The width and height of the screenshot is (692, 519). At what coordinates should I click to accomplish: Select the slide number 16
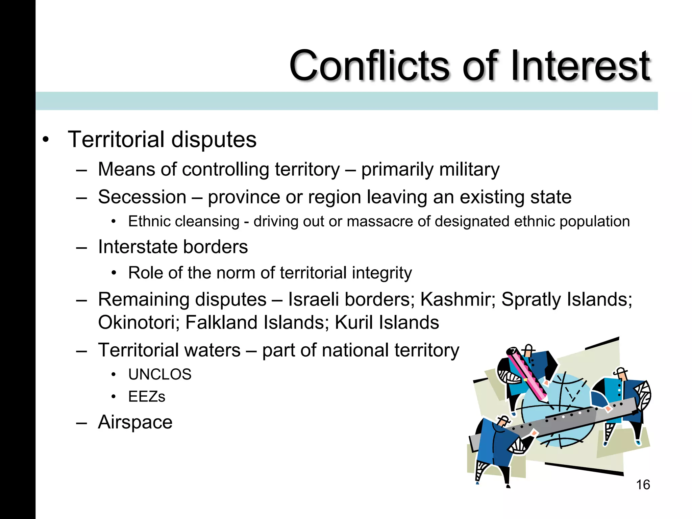click(643, 485)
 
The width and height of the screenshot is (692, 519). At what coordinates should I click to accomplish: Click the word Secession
click(142, 197)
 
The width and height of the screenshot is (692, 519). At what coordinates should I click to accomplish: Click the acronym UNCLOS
click(160, 374)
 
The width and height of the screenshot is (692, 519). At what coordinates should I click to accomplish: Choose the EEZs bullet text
click(147, 396)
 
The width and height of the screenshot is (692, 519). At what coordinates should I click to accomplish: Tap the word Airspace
click(135, 422)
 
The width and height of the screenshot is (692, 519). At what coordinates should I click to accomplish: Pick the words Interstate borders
click(173, 247)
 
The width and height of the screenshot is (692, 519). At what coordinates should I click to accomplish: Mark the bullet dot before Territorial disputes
click(46, 140)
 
